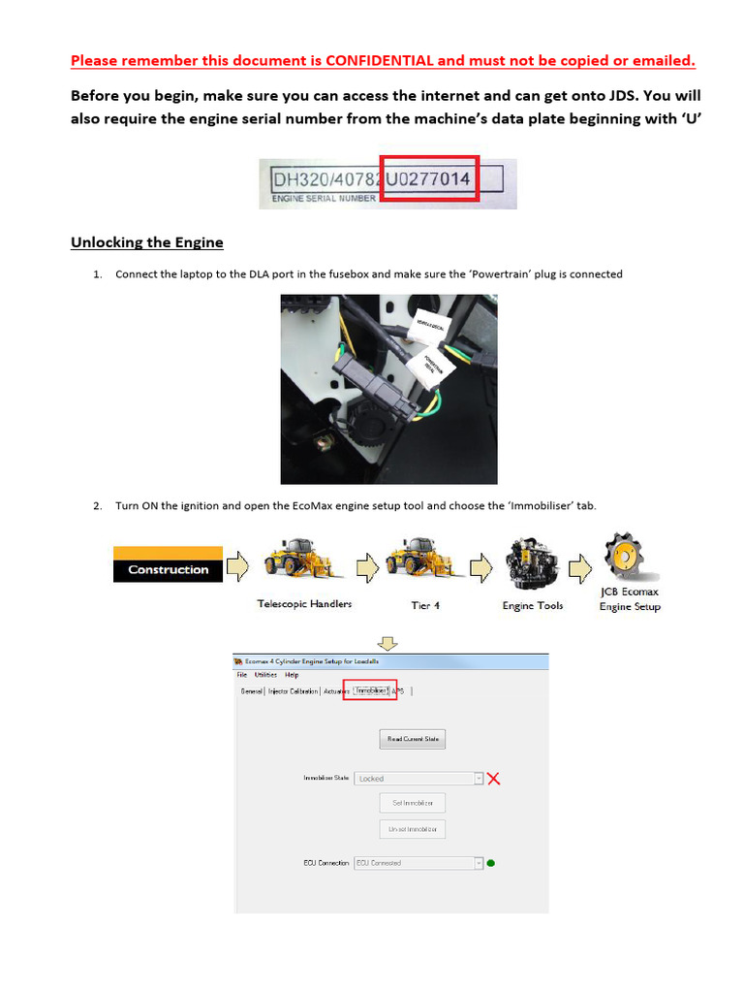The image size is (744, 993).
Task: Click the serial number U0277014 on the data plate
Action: pos(429,179)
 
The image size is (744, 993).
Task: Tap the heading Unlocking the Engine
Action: pos(147,241)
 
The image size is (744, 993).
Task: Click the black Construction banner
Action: pos(169,569)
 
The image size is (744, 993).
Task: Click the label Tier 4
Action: pos(424,605)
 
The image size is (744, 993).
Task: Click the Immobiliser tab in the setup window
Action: pos(370,690)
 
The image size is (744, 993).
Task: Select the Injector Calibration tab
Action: pos(293,691)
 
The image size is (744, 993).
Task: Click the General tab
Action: pos(251,691)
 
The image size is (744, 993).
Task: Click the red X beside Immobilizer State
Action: pos(493,778)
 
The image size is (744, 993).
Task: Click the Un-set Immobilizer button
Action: pos(412,829)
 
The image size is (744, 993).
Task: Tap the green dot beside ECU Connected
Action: pos(491,863)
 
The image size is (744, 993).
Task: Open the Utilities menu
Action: pos(265,675)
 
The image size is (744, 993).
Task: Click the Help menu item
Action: pos(292,675)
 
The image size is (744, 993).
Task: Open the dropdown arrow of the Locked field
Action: pos(479,778)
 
